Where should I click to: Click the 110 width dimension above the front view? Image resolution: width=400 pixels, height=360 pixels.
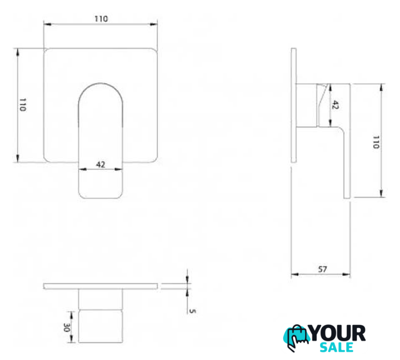click(x=101, y=19)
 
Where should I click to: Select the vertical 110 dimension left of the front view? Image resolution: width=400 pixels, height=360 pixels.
click(x=22, y=104)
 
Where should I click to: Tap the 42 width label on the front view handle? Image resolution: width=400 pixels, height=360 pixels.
click(x=101, y=164)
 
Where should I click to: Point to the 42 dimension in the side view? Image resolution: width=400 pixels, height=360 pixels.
click(x=335, y=105)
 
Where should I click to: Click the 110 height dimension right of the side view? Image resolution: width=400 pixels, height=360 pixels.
click(x=376, y=142)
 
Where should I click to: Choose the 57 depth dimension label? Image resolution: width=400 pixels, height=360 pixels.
click(x=322, y=269)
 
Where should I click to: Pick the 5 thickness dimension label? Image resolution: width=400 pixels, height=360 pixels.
click(x=192, y=311)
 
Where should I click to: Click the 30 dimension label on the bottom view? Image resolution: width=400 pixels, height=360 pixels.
click(x=67, y=328)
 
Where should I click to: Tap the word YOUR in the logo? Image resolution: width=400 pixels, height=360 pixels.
click(x=337, y=333)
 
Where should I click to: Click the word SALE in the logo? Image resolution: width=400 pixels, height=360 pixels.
click(x=337, y=347)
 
